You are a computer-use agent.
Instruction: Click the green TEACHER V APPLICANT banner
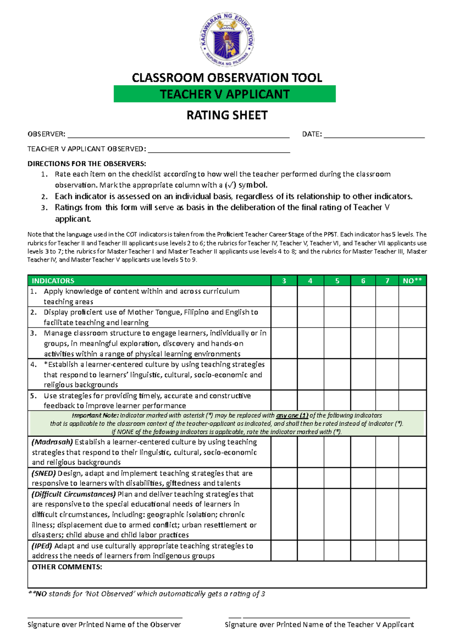[225, 94]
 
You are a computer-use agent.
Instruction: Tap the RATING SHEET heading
[227, 115]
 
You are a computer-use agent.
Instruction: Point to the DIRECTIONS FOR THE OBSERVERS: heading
[87, 164]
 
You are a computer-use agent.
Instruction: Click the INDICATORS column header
[53, 281]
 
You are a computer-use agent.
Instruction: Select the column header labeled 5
[337, 281]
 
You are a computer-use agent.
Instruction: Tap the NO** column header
[412, 281]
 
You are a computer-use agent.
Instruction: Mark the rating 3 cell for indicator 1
[284, 296]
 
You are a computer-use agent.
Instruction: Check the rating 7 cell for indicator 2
[387, 317]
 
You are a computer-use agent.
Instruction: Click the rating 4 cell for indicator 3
[311, 343]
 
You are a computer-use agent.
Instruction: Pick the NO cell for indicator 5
[412, 400]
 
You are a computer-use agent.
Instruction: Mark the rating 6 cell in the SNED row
[363, 478]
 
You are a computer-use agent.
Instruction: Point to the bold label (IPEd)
[42, 546]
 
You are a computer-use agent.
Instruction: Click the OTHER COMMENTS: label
[67, 567]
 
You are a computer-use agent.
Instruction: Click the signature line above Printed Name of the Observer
[105, 618]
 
